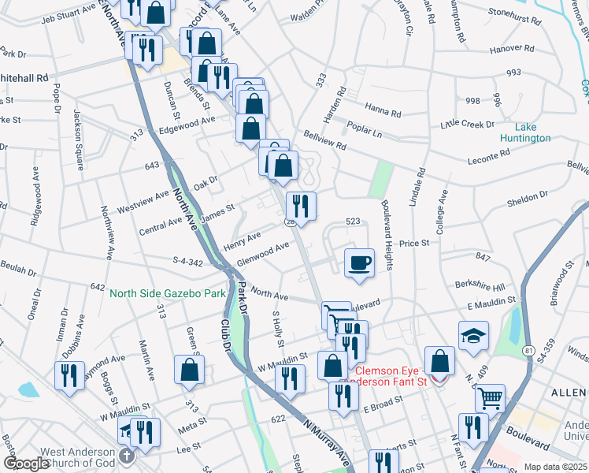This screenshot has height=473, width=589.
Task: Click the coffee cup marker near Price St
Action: (360, 263)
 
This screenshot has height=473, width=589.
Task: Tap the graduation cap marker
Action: (473, 337)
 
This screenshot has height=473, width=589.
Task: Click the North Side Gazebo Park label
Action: (167, 293)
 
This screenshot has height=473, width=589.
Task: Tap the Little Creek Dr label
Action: (467, 124)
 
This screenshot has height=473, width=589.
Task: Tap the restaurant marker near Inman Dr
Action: (70, 375)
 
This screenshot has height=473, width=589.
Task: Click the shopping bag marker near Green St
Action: (189, 370)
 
